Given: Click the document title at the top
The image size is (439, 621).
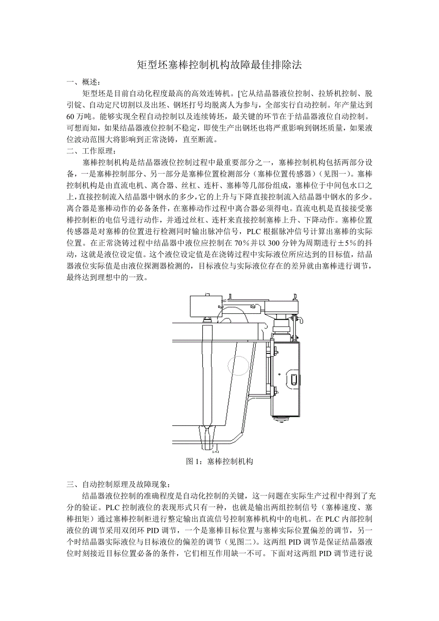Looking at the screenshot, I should click(219, 65).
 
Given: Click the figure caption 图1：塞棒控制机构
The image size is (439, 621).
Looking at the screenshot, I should click(219, 461).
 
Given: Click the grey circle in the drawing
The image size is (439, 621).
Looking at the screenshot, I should click(238, 366).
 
